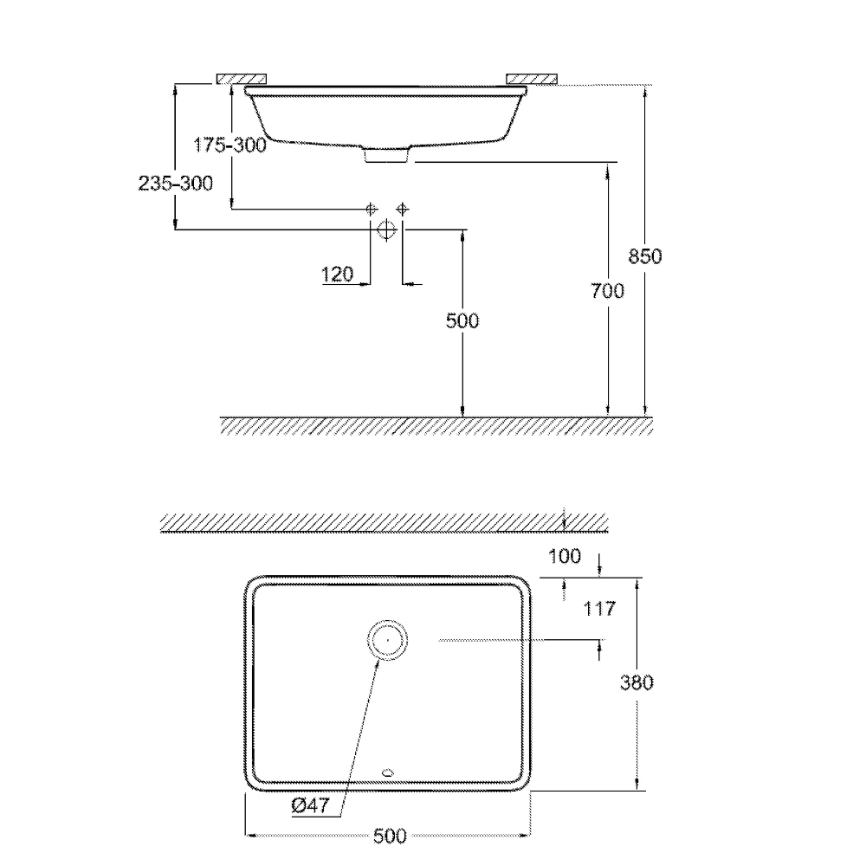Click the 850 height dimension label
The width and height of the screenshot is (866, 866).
pos(644,256)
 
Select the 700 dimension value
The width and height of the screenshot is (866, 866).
pos(608,292)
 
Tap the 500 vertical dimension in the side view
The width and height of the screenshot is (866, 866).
pos(462,321)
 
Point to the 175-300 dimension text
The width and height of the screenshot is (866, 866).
pos(229,145)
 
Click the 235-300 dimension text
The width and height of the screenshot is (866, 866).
pos(175,184)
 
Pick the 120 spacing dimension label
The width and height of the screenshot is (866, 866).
pos(337,275)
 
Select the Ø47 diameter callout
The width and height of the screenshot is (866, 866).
pos(309,805)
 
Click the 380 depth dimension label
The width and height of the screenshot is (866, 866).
pos(637,682)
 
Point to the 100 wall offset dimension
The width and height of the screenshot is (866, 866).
pos(565,556)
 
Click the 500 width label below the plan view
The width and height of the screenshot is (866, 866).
pos(390,836)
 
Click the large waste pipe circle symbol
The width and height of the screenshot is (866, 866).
pos(386,229)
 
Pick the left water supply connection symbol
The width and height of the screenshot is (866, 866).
pos(371,209)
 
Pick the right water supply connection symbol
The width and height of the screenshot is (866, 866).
pos(402,209)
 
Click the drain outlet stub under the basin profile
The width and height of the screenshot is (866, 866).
pos(386,155)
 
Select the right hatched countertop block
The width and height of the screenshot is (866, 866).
pos(533,79)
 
